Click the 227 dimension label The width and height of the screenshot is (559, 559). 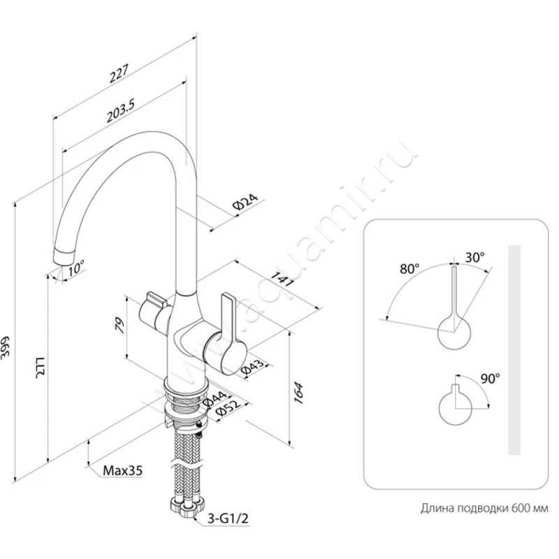coord(119,74)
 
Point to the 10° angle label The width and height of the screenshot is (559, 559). coord(75,268)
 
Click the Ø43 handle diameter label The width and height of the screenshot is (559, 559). coord(253,368)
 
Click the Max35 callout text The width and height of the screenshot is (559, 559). coord(123,471)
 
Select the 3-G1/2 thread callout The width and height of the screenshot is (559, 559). coord(228,518)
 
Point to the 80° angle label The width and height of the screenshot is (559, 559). coord(409,269)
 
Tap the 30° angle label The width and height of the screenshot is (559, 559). coord(475,256)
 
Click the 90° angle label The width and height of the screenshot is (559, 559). coord(491,378)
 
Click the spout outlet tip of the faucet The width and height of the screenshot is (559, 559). coord(64,257)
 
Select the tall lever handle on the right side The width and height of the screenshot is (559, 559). coord(228,321)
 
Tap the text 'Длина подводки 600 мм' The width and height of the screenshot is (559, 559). coord(484,508)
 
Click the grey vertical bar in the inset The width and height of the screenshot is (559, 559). coord(514,350)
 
